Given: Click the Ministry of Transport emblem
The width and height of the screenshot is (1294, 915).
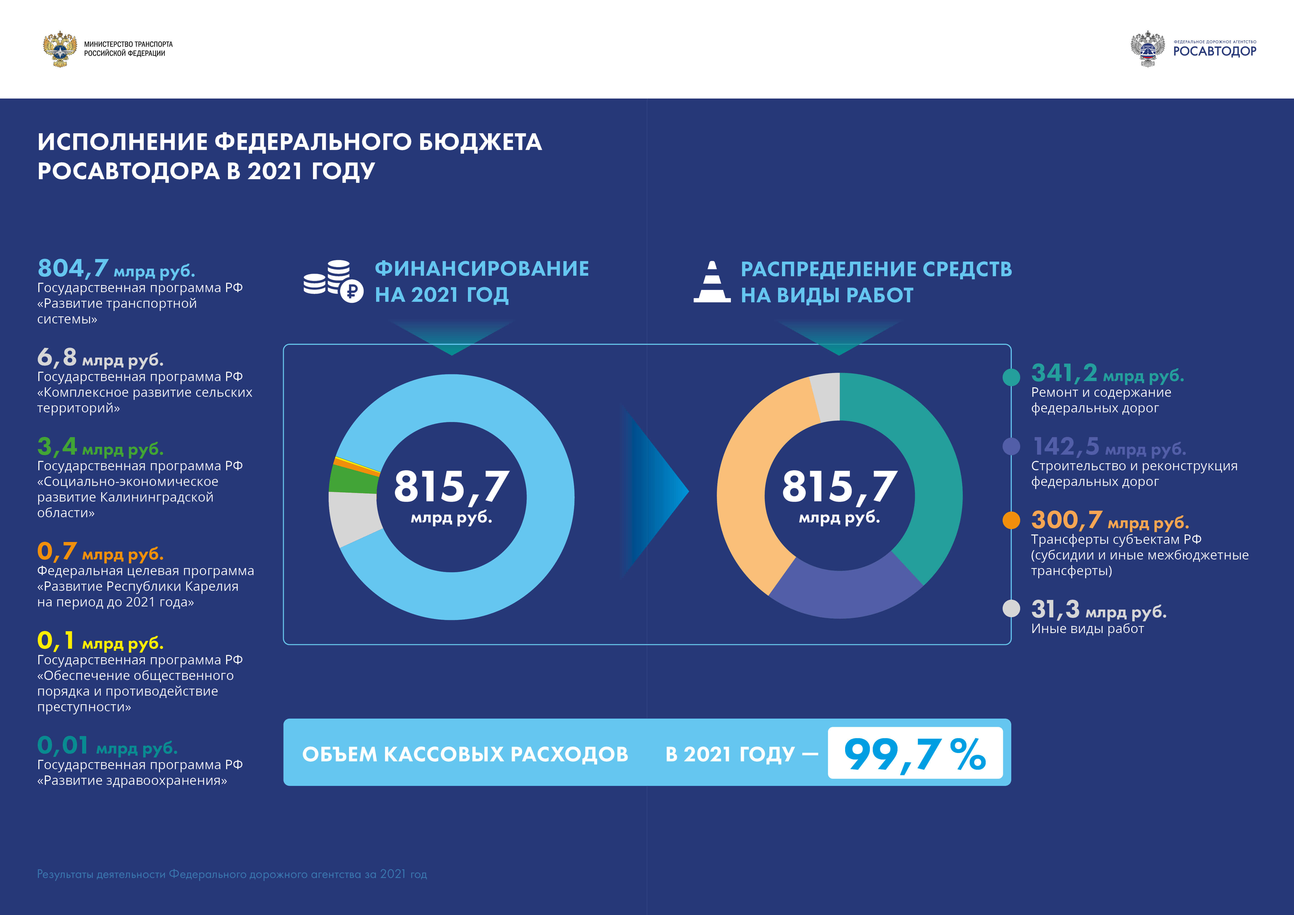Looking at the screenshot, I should [x=60, y=49].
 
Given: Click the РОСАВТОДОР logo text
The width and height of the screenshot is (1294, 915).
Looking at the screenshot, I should [x=1214, y=51].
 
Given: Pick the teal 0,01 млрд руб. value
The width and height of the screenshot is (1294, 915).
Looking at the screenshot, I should [x=107, y=746].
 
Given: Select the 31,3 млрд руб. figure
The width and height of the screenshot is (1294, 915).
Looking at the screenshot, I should [x=1098, y=610].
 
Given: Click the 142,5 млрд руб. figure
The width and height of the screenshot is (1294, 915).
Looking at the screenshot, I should [x=1109, y=447].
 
